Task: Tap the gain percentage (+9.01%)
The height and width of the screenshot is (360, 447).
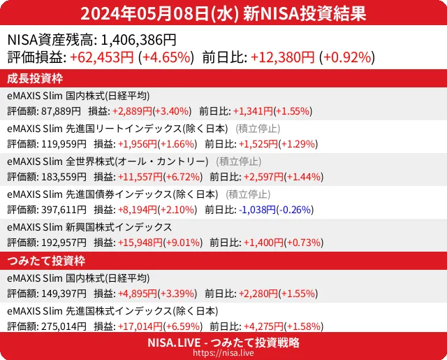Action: [182, 243]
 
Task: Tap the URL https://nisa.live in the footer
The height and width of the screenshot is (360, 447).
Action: [223, 354]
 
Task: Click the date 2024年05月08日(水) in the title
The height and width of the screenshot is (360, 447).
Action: [159, 13]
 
